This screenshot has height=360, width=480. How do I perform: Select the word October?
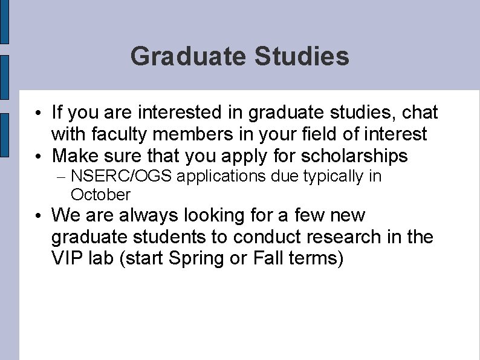pos(100,195)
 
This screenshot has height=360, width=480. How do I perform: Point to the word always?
pos(146,215)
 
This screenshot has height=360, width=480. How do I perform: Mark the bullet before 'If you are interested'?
pos(38,114)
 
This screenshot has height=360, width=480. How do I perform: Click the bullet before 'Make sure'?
pos(38,157)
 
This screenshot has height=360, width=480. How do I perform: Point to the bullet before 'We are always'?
pos(38,216)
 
